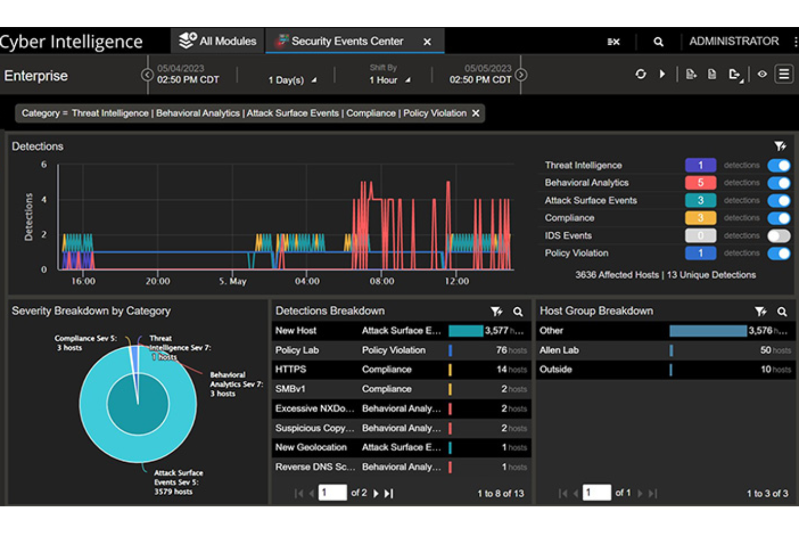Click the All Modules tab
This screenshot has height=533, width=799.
218,41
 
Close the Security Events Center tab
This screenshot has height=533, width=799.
427,42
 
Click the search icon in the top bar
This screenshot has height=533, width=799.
658,42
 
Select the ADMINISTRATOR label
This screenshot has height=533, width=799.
734,41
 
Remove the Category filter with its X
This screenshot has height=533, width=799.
476,113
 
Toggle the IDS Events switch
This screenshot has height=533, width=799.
778,235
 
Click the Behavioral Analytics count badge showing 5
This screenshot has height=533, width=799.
700,183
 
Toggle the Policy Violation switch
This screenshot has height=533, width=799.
778,253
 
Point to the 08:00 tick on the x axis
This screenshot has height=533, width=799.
382,281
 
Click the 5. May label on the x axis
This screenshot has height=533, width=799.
233,281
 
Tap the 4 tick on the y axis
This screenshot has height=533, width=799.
44,200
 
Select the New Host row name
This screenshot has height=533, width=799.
296,330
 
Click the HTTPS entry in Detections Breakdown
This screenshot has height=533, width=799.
290,369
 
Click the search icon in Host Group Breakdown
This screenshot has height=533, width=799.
782,312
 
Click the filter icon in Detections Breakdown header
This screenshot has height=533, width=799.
496,312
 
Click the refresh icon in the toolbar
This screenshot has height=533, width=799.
640,74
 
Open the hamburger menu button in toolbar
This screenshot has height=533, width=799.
784,74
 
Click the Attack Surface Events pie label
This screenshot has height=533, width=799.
178,482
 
